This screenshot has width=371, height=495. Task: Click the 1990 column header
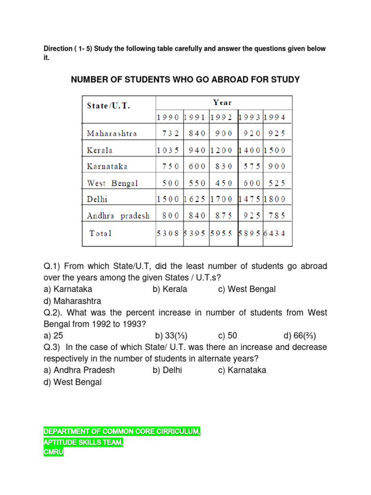pos(168,117)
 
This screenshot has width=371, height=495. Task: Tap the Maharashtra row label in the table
pos(112,133)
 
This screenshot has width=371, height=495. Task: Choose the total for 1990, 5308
pos(168,233)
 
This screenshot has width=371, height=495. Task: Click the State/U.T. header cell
pos(108,105)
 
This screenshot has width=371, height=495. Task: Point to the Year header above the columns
pos(223,102)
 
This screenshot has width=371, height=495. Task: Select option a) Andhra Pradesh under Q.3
pos(79,370)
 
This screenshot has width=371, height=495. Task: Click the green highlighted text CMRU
pos(53,453)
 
